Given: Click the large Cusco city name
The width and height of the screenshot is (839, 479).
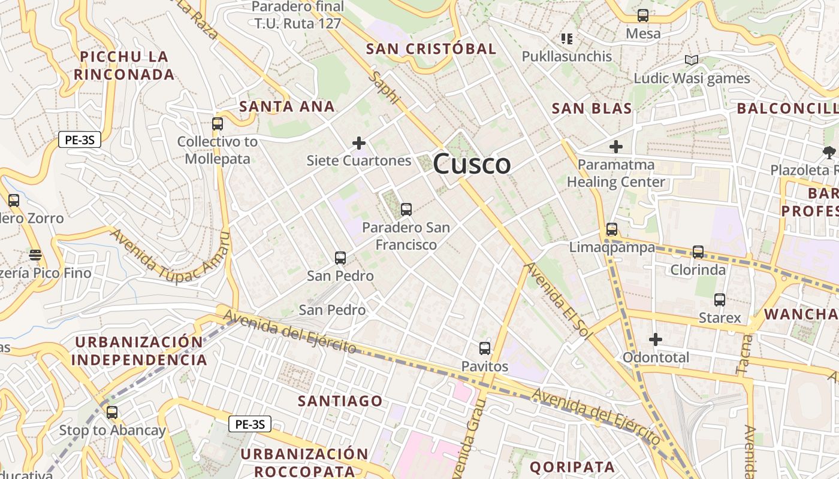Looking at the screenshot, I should coord(472,164).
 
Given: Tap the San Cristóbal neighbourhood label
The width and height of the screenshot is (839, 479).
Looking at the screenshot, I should coord(431,49).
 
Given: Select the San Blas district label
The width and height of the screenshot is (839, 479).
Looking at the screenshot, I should coord(591,108).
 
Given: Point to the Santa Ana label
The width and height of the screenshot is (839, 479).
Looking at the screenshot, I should coord(286,107).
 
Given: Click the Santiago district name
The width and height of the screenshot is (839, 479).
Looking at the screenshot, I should coord(340,401).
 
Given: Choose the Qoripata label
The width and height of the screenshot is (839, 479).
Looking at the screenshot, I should coord(572,467).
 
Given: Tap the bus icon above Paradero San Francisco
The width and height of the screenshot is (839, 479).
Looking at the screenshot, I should coord(406,210).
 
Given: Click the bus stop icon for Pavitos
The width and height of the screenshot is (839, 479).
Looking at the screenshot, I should coord(484,348).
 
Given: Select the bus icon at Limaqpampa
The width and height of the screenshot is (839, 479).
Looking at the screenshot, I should coord(611,229).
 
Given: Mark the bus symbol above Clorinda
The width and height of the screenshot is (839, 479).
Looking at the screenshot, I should coord(698,252).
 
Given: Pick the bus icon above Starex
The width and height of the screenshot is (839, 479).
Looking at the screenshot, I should coord(719,300).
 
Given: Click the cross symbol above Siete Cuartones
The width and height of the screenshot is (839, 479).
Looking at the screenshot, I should coord(359,143).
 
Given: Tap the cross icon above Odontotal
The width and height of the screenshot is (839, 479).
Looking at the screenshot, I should coord(656,339).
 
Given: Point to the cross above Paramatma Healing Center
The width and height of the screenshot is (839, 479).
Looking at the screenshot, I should coord(616,147).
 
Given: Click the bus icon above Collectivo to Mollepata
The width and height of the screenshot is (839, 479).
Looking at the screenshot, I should coord(217,125).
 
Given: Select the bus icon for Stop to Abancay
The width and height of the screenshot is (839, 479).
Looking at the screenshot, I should coord(112,413).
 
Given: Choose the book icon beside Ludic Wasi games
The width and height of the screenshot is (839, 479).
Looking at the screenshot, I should coord(692,60).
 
